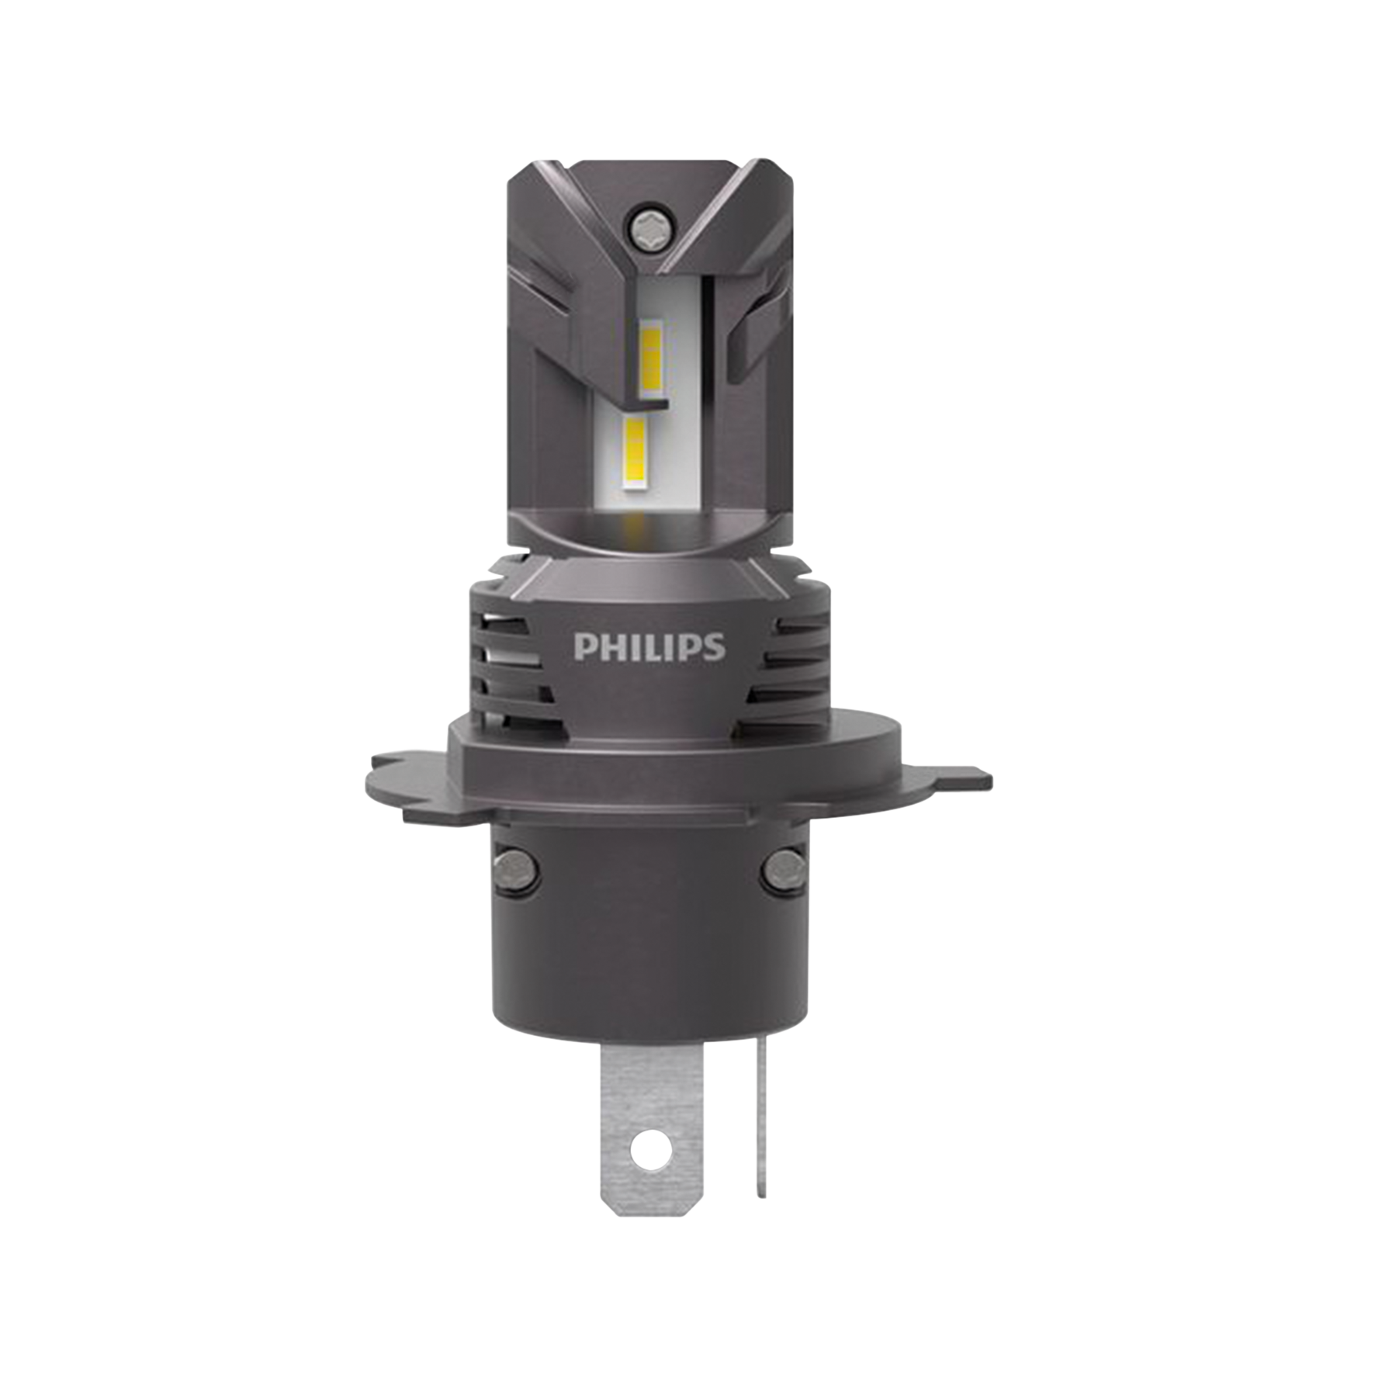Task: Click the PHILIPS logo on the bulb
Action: (649, 647)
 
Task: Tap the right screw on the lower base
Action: (784, 870)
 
